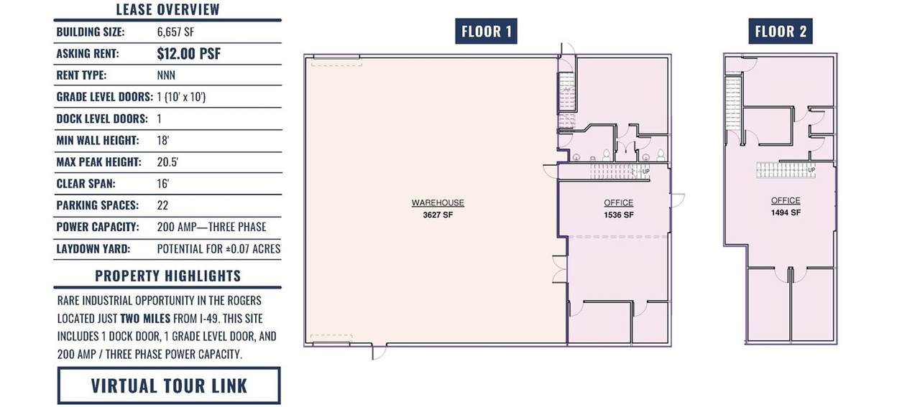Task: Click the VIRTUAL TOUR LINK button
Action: [169, 385]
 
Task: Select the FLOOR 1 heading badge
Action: [486, 31]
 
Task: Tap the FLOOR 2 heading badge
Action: [781, 31]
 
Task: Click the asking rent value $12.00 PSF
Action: [189, 54]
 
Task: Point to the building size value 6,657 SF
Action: [175, 32]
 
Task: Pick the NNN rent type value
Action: [166, 75]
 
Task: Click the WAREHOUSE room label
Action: [438, 202]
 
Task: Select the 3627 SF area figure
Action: [438, 215]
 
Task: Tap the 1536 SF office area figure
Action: [619, 215]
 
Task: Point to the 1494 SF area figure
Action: [786, 212]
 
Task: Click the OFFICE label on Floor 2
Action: [786, 200]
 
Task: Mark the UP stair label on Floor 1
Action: [645, 172]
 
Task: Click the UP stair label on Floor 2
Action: [811, 170]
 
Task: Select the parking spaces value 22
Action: [162, 205]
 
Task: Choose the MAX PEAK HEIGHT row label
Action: [98, 162]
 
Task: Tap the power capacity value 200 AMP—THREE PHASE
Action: [211, 227]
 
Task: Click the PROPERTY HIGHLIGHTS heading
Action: [168, 276]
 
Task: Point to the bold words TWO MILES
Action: [145, 319]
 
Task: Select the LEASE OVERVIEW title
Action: [167, 9]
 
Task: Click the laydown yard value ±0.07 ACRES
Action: [253, 249]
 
